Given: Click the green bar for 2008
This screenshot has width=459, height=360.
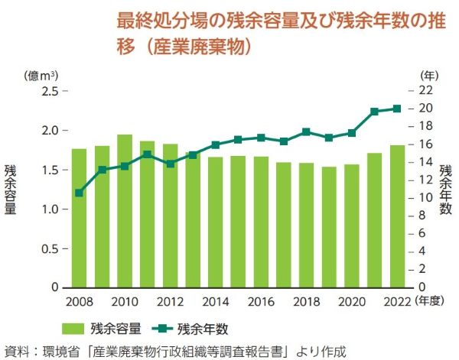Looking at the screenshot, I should pyautogui.click(x=79, y=218).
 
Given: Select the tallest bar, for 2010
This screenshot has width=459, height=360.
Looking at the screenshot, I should pyautogui.click(x=124, y=211).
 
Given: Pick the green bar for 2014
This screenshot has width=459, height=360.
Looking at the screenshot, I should pyautogui.click(x=215, y=222).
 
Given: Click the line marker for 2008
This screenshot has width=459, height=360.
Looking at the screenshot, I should pyautogui.click(x=79, y=193).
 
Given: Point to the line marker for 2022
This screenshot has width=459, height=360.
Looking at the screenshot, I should pyautogui.click(x=397, y=109).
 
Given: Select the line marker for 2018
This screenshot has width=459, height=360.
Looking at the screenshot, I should pyautogui.click(x=306, y=131).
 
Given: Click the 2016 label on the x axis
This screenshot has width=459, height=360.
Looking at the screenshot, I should pyautogui.click(x=260, y=301).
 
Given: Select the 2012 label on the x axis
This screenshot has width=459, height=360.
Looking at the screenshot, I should pyautogui.click(x=170, y=301).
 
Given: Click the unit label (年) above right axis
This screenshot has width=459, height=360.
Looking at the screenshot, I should pyautogui.click(x=429, y=75).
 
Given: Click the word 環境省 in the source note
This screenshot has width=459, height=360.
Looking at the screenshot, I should pyautogui.click(x=67, y=351).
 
